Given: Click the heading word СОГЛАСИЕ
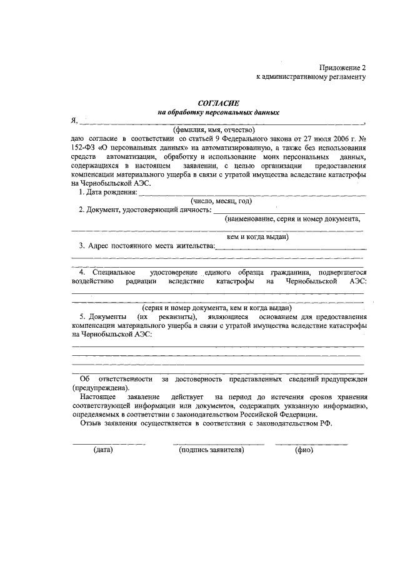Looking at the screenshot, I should click(x=218, y=103).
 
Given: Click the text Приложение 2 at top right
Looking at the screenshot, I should click(x=341, y=67).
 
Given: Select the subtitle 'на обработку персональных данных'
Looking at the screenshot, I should click(x=218, y=113).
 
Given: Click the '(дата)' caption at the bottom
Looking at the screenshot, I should click(x=102, y=450).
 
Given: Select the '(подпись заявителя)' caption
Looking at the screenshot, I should click(x=211, y=450).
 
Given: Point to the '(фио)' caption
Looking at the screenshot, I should click(x=304, y=450).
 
